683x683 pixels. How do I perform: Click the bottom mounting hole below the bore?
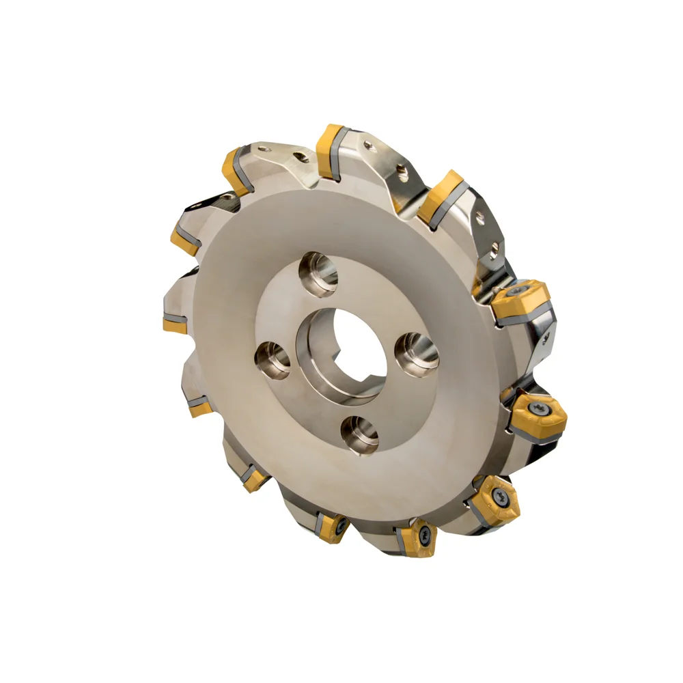click(361, 434)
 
